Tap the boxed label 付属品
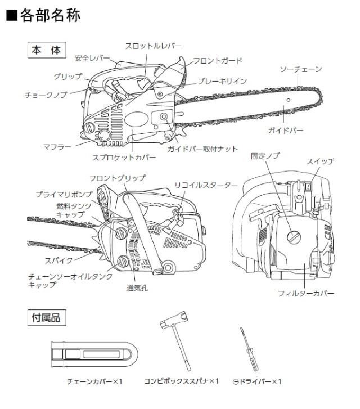pyautogui.click(x=48, y=318)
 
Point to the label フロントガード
pyautogui.click(x=218, y=60)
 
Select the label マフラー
pyautogui.click(x=57, y=146)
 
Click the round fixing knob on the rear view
pyautogui.click(x=292, y=236)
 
